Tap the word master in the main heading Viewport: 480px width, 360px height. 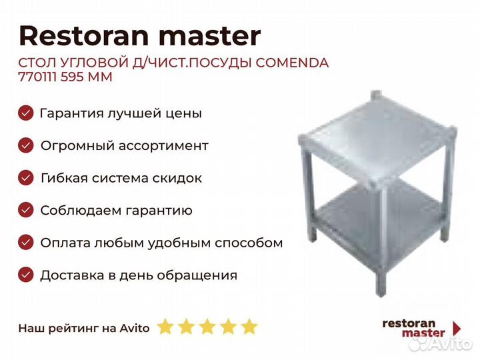pos(210,37)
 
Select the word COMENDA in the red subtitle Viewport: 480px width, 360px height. pos(292,63)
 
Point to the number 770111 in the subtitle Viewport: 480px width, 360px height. pos(37,77)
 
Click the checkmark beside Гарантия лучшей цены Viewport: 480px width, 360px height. pos(26,113)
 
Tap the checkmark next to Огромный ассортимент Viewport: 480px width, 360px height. pos(26,145)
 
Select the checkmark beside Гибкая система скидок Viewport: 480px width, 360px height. pos(26,178)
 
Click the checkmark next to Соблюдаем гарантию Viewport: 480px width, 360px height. pos(26,210)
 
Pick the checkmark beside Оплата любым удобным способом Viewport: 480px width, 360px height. pos(26,243)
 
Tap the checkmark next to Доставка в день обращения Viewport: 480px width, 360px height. pos(26,275)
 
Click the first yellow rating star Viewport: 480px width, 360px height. pos(165,326)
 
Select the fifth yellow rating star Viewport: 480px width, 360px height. pos(249,326)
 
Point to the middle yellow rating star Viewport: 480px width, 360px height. pos(207,326)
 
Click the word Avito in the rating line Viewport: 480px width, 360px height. pos(135,328)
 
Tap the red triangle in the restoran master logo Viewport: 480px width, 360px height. pos(457,328)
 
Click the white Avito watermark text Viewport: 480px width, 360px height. pos(450,344)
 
